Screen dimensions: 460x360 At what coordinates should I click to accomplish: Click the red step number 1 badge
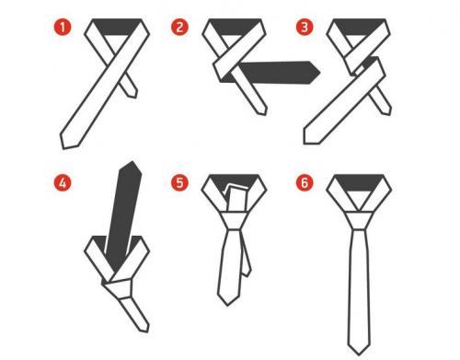63,28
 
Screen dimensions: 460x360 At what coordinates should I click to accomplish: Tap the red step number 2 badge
179,28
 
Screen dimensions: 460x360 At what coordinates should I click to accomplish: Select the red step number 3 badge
305,28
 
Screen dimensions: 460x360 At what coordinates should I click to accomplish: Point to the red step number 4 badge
63,183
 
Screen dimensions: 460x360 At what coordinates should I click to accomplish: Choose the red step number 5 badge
179,183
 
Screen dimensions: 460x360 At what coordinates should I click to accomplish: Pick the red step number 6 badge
305,183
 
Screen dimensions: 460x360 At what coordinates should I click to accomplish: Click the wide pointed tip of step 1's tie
69,142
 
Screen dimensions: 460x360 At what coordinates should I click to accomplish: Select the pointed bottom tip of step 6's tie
359,350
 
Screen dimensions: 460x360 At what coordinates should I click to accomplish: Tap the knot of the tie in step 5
233,220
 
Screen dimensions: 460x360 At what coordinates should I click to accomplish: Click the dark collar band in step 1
117,27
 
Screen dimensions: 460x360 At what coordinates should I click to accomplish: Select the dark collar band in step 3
359,27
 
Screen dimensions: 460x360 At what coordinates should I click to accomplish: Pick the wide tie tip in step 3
310,137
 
